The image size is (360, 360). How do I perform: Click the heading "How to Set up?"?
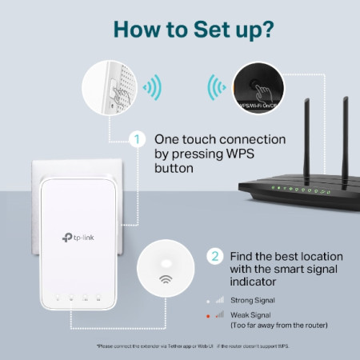point(180,28)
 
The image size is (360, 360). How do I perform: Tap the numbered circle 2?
point(214,258)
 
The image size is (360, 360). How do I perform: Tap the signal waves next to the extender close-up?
point(150,86)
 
